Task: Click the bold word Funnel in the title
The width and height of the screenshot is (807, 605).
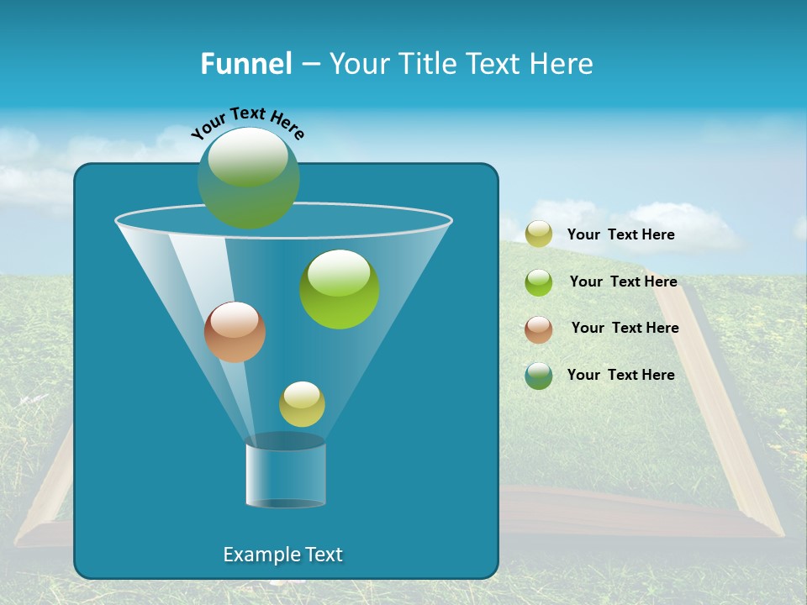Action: coord(245,64)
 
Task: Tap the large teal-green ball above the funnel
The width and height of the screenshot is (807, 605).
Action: coord(248,178)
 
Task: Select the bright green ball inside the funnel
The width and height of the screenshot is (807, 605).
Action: coord(340,289)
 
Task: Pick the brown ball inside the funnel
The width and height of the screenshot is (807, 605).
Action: coord(235,332)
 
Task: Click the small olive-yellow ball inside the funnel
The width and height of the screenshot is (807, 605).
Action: coord(302,404)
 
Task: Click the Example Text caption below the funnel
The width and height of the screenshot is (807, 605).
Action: coord(282,555)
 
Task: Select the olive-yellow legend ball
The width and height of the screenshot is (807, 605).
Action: coord(539,234)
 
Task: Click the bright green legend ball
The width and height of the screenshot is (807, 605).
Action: coord(539,281)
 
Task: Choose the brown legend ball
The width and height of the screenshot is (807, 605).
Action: coord(539,329)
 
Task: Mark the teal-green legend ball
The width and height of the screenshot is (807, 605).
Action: coord(539,376)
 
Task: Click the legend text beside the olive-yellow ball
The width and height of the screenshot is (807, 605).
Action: coord(620,235)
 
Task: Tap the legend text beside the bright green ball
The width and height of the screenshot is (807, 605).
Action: coord(623,281)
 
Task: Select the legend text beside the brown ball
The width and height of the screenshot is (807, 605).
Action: coord(625,328)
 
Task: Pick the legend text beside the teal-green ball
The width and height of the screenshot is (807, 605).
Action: coord(620,375)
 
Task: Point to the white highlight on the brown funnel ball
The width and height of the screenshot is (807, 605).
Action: coord(235,318)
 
